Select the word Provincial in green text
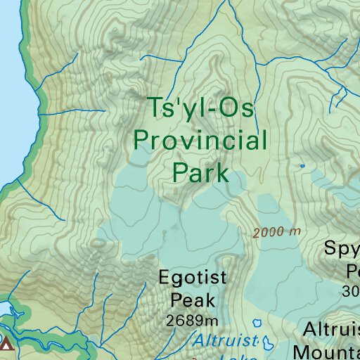click(200, 141)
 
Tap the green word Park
click(200, 172)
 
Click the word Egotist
click(193, 277)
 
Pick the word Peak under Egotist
click(193, 301)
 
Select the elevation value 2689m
click(193, 321)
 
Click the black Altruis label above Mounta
click(331, 329)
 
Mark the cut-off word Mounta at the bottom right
click(327, 351)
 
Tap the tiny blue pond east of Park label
click(302, 166)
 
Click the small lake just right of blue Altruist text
click(267, 343)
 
